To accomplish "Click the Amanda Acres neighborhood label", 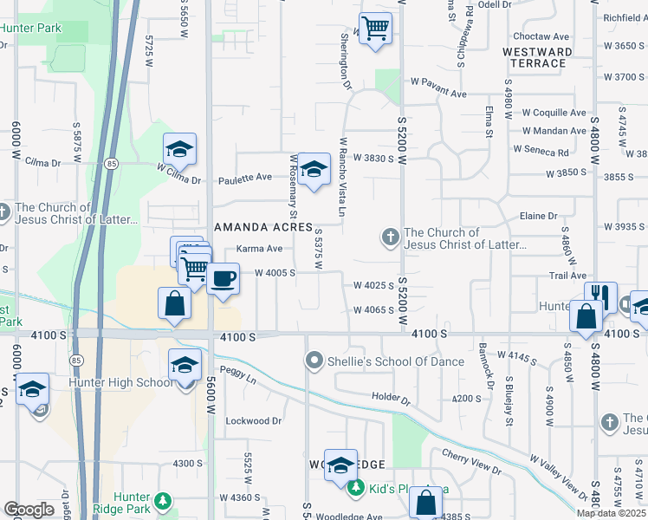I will pos(262,227).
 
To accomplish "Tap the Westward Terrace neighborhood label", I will pos(537,57).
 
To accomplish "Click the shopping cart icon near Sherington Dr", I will pos(375,29).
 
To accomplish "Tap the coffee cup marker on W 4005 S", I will pos(224,279).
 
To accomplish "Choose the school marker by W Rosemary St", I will pos(314,168).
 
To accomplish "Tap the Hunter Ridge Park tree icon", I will pos(162,501).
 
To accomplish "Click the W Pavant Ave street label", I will pos(438,94).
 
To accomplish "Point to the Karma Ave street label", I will pos(260,249).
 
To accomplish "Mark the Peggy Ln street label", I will pos(240,380).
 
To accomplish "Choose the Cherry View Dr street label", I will pos(471,462).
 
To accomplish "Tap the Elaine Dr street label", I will pos(544,216).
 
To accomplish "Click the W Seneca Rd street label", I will pos(541,150).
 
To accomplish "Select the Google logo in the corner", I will pos(29,510).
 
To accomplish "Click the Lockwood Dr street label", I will pos(254,421).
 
